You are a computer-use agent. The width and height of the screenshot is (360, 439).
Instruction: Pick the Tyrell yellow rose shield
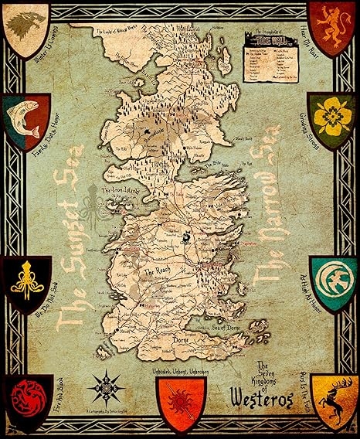tap(332, 120)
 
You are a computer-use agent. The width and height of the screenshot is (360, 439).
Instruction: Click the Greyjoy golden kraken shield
tap(26, 282)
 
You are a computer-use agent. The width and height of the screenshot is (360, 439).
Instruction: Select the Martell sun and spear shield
tap(179, 403)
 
